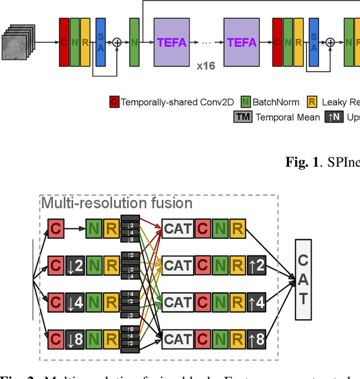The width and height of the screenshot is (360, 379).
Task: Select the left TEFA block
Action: (172, 42)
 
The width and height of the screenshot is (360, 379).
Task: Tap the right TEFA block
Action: (241, 42)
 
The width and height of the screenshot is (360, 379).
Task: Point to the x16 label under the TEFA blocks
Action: (206, 66)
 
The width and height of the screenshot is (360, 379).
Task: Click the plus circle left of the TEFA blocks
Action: (117, 42)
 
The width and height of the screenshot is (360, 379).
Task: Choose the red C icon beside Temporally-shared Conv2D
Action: (114, 102)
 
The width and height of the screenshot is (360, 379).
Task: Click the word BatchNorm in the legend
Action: (276, 102)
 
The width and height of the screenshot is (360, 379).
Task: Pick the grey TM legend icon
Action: (243, 117)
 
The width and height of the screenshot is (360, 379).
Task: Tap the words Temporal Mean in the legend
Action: (287, 117)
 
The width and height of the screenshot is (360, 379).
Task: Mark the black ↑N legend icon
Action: (334, 117)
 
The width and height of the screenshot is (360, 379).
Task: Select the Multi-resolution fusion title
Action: (117, 203)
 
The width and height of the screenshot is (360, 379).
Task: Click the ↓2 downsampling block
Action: (75, 265)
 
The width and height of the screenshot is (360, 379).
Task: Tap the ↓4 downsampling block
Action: (75, 302)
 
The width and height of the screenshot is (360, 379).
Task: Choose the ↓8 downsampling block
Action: (75, 339)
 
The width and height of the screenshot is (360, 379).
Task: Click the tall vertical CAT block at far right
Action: (303, 279)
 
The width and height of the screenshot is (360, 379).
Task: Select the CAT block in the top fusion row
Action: (178, 229)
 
